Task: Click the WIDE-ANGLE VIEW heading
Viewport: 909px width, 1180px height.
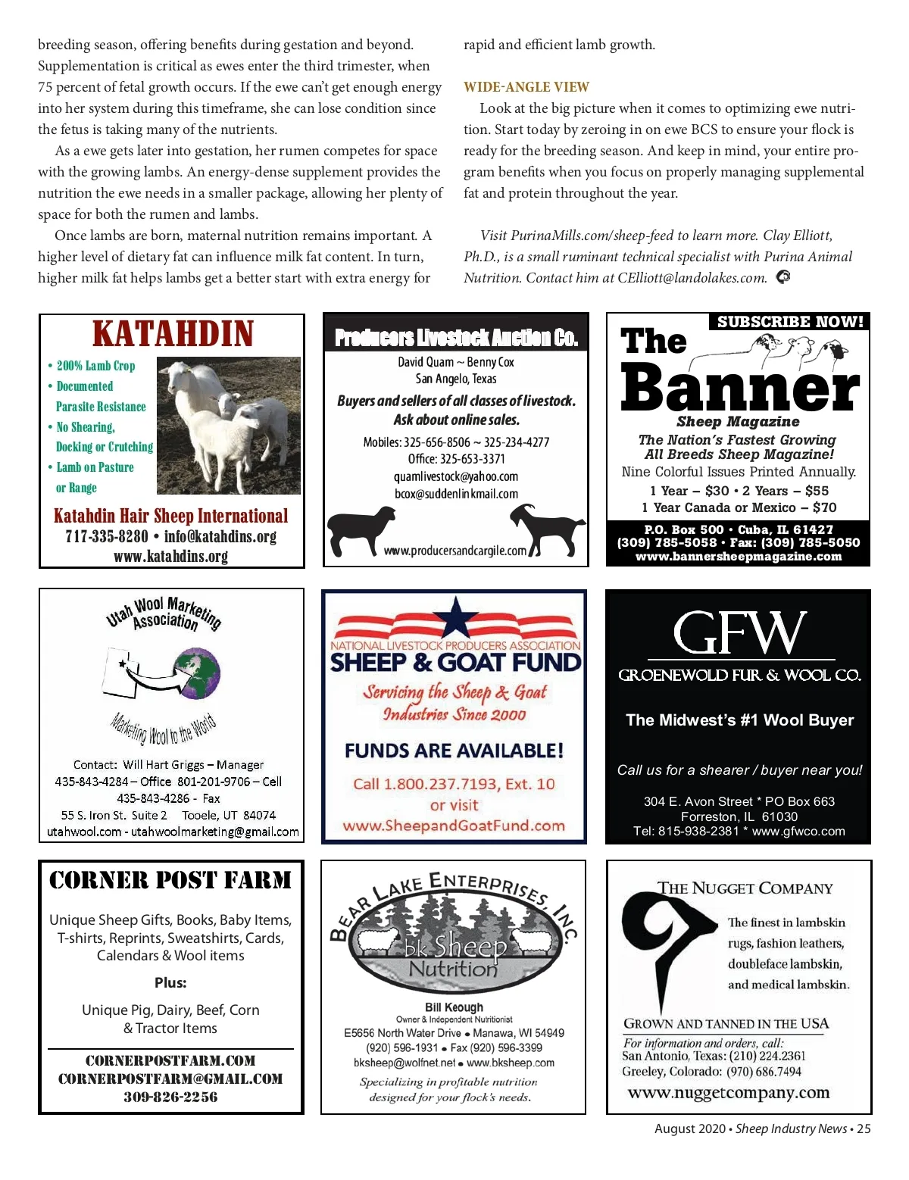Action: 526,87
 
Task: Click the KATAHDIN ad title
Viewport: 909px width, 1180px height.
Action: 173,334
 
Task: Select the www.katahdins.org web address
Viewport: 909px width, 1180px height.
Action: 170,557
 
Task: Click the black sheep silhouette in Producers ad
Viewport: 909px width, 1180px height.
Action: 362,529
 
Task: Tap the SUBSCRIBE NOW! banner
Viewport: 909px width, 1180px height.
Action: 789,322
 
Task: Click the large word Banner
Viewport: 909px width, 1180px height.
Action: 739,387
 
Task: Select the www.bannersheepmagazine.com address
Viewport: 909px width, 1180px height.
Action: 738,557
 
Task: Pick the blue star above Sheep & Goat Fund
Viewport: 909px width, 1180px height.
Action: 455,617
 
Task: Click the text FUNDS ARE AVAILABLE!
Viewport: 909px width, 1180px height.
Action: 454,751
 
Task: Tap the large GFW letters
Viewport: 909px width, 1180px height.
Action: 739,632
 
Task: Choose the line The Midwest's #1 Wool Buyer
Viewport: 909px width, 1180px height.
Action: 739,720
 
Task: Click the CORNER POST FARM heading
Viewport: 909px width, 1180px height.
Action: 170,880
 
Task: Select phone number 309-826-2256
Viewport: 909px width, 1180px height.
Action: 170,1097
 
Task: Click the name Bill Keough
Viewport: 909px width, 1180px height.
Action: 454,1007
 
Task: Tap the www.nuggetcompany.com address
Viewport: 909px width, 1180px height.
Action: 729,1093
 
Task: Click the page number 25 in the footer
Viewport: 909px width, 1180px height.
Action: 864,1128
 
